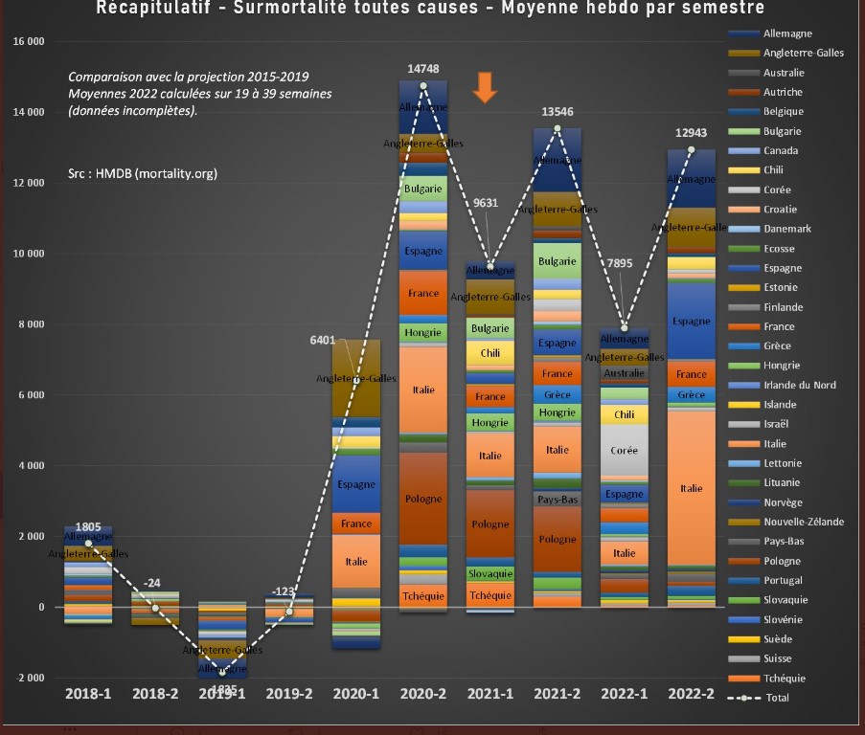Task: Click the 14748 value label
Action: pyautogui.click(x=422, y=69)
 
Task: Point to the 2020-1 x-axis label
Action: pyautogui.click(x=355, y=693)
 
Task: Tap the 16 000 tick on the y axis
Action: pyautogui.click(x=29, y=42)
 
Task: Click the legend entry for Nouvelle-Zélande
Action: pyautogui.click(x=803, y=522)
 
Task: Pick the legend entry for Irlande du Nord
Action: pyautogui.click(x=799, y=385)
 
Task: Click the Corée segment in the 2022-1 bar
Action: pyautogui.click(x=625, y=450)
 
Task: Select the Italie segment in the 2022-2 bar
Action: pyautogui.click(x=691, y=488)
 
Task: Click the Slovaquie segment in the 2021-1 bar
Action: pyautogui.click(x=490, y=573)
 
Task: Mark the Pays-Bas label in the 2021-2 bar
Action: pyautogui.click(x=557, y=499)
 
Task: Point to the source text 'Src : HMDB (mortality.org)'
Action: pyautogui.click(x=143, y=174)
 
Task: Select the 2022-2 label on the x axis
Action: pyautogui.click(x=691, y=693)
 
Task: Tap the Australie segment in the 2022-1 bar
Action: pyautogui.click(x=625, y=373)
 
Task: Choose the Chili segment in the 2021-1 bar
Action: pyautogui.click(x=490, y=353)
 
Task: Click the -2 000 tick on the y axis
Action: pyautogui.click(x=29, y=678)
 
